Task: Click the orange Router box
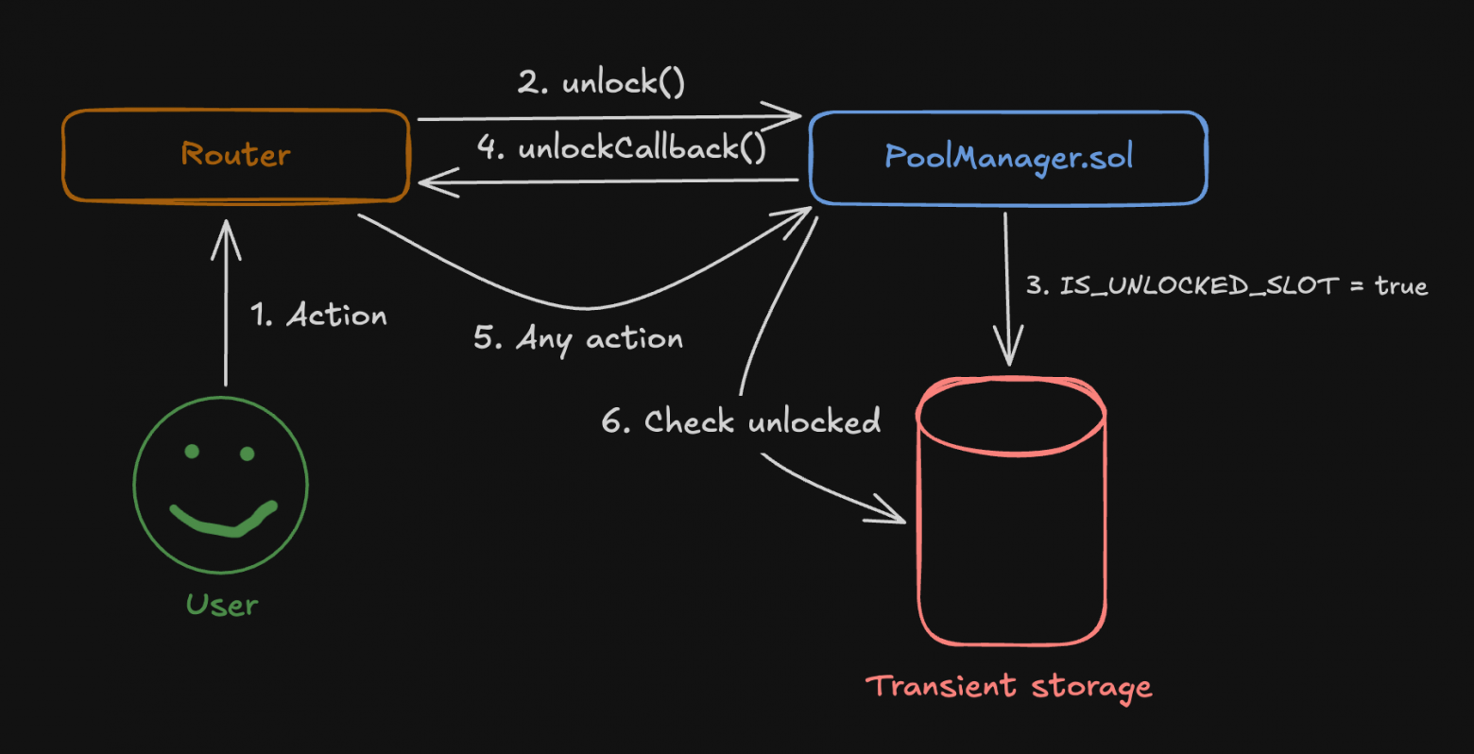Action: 236,155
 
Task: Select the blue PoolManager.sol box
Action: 1008,157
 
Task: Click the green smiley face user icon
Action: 221,485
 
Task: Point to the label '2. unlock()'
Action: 601,83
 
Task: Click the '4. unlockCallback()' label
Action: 622,148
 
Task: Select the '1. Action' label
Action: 318,315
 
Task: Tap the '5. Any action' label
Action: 578,338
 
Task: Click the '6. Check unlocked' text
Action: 741,421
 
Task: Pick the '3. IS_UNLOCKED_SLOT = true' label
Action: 1226,285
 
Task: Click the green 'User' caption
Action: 222,605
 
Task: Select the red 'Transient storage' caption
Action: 1008,687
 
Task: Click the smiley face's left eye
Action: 192,452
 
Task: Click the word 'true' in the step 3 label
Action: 1400,285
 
